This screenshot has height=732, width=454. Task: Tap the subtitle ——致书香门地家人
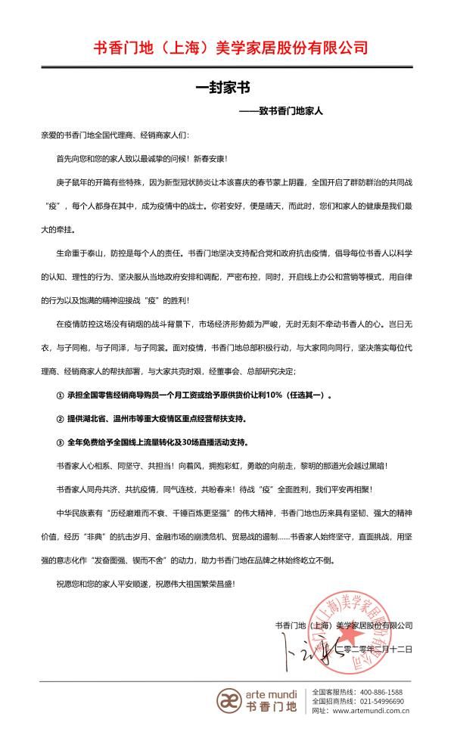[281, 110]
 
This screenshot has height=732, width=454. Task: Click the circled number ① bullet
[61, 395]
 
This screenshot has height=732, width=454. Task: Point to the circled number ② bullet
[61, 418]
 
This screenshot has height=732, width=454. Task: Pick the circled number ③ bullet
[61, 441]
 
